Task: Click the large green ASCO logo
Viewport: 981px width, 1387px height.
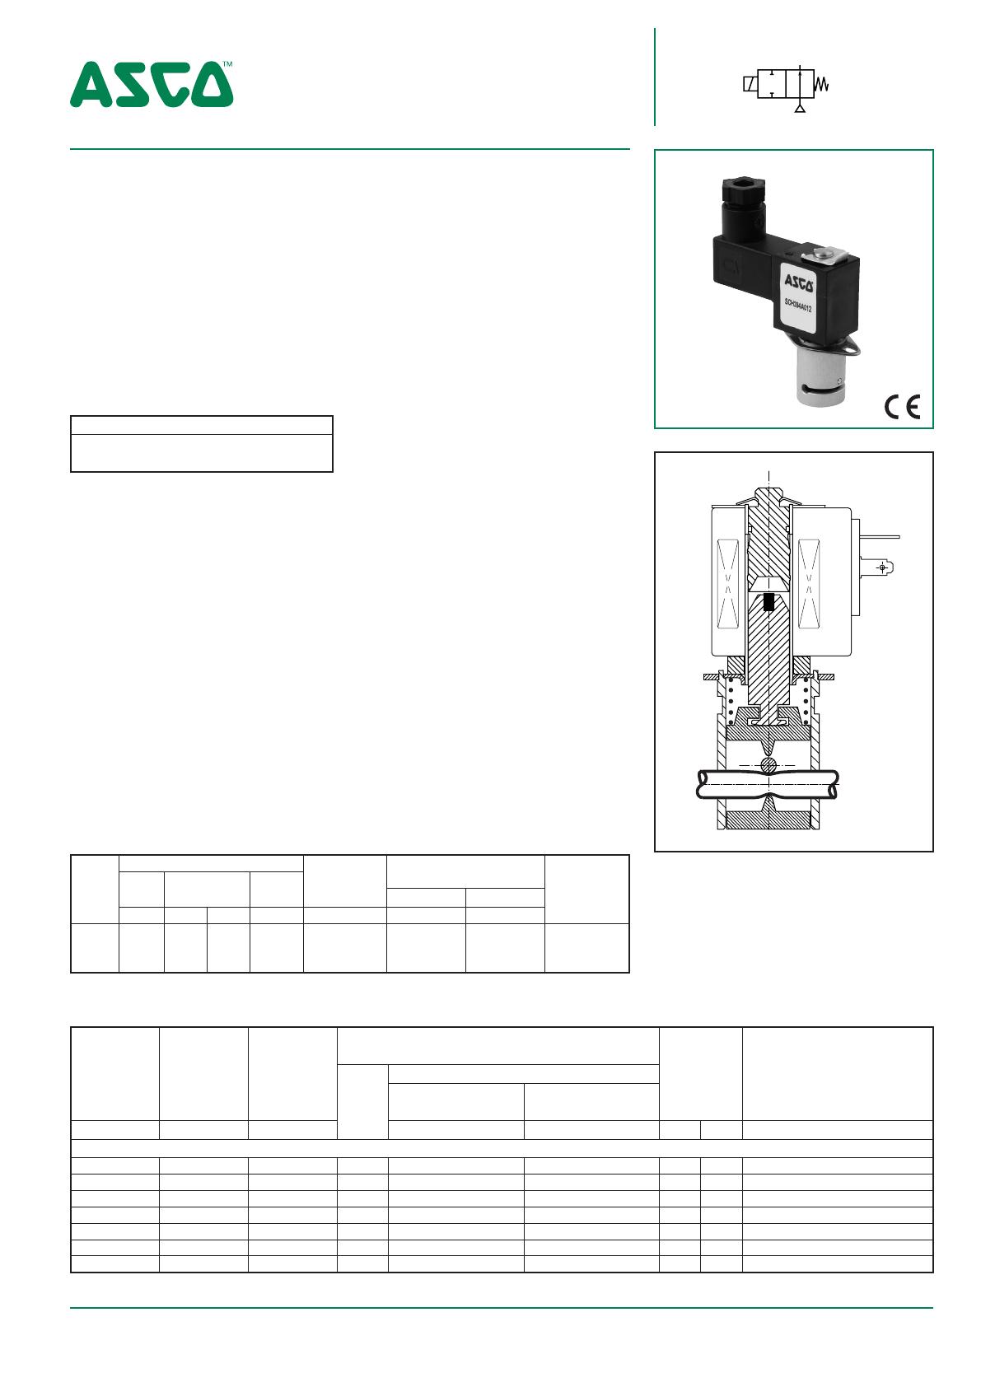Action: [x=151, y=84]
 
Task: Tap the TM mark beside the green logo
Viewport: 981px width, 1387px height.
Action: [x=228, y=63]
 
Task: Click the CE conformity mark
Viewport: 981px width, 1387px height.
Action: [x=902, y=407]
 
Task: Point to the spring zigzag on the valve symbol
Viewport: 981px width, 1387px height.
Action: [x=821, y=84]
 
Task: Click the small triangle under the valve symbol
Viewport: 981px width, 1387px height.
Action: [x=800, y=109]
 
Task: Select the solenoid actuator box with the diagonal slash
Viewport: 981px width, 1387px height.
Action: [x=750, y=84]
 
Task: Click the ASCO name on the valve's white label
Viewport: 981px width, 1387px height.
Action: [x=799, y=283]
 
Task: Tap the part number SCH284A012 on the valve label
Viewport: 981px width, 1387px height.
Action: [x=798, y=306]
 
